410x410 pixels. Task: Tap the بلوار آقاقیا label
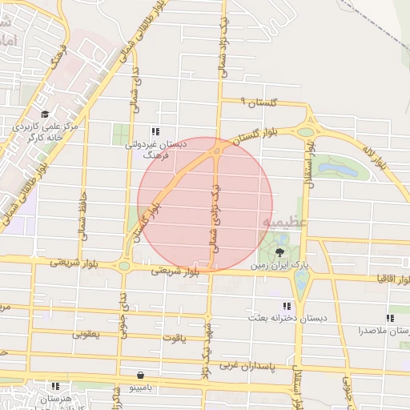387,279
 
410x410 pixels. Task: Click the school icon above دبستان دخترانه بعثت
287,306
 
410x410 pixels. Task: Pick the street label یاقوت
174,338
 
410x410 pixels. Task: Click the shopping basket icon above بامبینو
142,374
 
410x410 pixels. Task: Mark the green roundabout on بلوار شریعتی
124,266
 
